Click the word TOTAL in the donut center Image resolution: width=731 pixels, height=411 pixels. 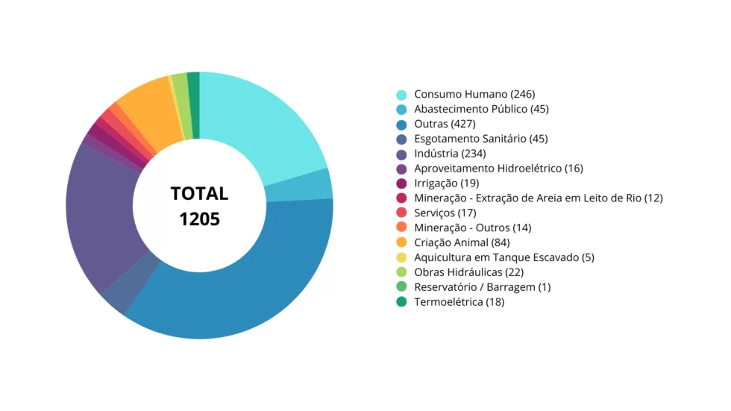click(199, 194)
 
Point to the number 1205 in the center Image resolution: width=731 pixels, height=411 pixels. click(199, 219)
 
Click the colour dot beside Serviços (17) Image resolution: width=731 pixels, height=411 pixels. click(402, 213)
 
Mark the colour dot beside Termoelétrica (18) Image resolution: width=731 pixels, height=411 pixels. click(402, 302)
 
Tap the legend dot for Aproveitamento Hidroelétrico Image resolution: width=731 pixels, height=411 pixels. click(402, 169)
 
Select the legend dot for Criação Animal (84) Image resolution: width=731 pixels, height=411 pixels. click(402, 242)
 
